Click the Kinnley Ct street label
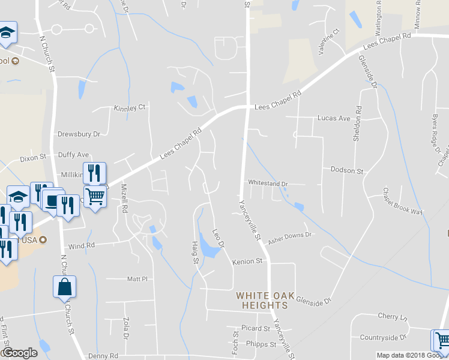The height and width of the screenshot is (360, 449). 130,108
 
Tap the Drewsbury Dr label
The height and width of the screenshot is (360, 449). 79,134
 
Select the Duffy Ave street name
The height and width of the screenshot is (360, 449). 73,155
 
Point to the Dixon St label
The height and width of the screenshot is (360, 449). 33,158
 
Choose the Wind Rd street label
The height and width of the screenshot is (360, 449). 82,246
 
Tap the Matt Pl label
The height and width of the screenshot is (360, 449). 137,279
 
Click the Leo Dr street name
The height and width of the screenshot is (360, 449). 218,239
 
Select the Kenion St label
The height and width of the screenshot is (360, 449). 248,262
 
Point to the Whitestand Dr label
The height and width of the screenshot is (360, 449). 268,184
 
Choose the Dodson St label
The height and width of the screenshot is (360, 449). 347,171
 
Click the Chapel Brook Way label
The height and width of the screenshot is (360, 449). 403,202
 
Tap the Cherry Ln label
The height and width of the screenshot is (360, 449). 393,316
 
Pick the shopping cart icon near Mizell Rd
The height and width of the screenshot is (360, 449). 95,195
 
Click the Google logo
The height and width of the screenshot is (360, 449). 20,353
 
